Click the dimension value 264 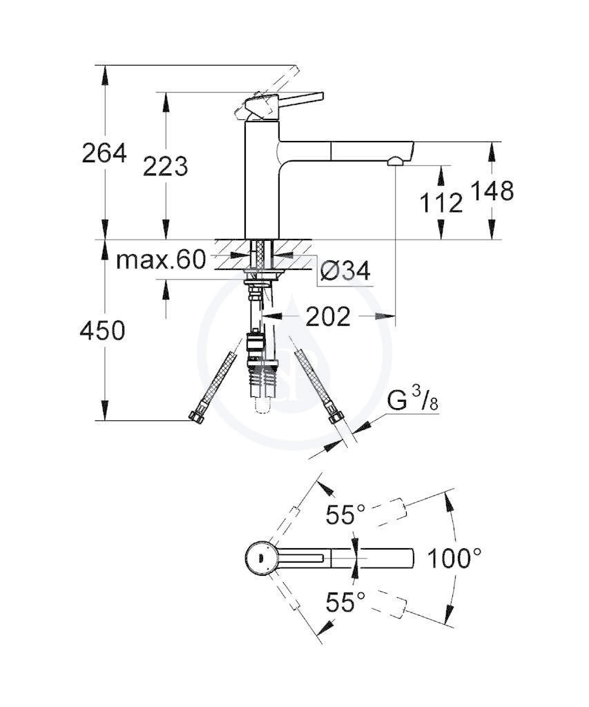(x=104, y=153)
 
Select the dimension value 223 (x=166, y=167)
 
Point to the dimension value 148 (x=492, y=191)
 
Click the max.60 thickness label (x=161, y=260)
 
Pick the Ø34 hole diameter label (x=345, y=271)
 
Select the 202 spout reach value (x=328, y=317)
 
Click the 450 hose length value (x=102, y=331)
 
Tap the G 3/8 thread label (x=413, y=400)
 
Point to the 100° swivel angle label (x=454, y=558)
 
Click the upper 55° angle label (x=345, y=514)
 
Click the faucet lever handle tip (x=321, y=96)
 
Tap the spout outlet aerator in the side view (x=396, y=161)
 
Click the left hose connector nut (x=196, y=416)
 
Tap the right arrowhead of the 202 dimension (x=387, y=316)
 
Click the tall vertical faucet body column (x=262, y=180)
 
